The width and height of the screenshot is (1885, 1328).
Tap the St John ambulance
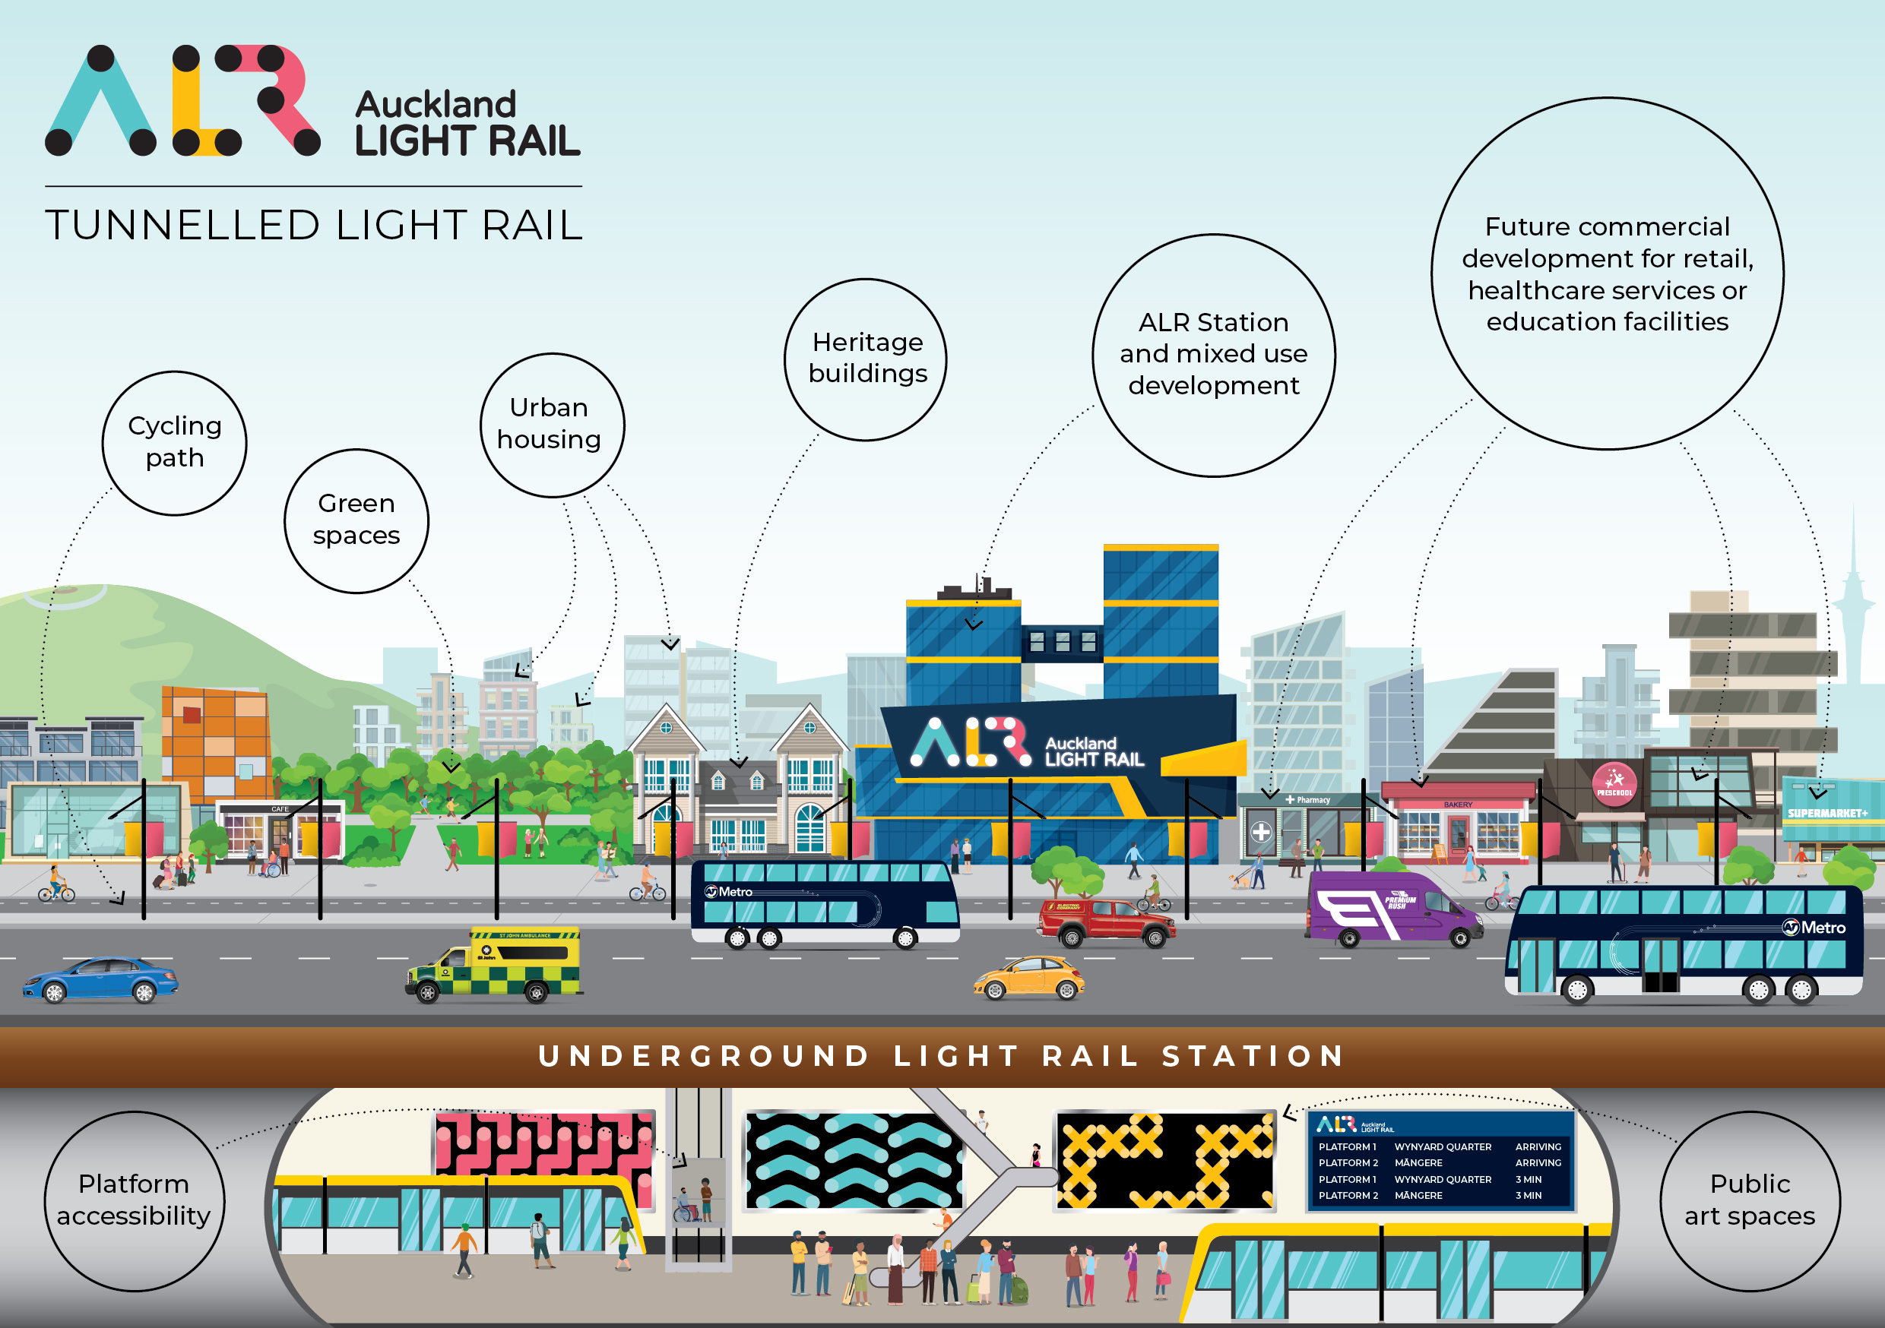[x=495, y=965]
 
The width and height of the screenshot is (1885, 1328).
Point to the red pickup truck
[x=1105, y=921]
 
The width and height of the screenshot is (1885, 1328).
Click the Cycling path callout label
[x=175, y=442]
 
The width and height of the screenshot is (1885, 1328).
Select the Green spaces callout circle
[x=356, y=520]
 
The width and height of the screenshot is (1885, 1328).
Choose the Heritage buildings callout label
[x=866, y=359]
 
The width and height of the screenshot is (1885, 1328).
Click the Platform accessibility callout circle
[x=134, y=1200]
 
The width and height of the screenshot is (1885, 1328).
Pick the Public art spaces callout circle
[x=1750, y=1200]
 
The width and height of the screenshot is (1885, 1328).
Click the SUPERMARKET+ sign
[x=1827, y=814]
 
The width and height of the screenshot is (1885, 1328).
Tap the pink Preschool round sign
[x=1614, y=784]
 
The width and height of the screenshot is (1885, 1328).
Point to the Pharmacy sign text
[x=1313, y=799]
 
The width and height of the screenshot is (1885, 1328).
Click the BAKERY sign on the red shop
[x=1458, y=805]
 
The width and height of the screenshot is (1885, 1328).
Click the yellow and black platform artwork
[x=1165, y=1161]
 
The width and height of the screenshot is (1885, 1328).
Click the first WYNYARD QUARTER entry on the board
[x=1443, y=1146]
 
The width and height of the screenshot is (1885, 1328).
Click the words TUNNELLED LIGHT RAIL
[x=314, y=225]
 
